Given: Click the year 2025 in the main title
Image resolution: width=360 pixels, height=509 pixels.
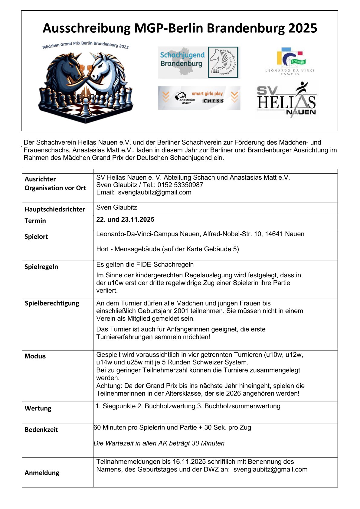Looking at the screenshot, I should [302, 28].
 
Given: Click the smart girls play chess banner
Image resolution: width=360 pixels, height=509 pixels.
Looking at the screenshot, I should [199, 98].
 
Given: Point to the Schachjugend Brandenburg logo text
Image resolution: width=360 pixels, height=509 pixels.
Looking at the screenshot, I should [182, 59].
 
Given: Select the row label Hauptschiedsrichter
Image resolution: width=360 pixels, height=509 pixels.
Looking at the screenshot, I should [55, 209].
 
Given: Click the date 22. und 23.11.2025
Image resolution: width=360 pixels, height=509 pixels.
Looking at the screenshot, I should [125, 220].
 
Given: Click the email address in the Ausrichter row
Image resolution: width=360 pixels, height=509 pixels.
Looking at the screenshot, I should [155, 192].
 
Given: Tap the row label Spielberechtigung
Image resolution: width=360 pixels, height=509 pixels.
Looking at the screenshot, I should [52, 303].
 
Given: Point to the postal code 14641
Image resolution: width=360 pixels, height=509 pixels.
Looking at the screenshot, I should [274, 234].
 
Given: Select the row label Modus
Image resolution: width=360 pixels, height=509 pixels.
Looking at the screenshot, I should [35, 356].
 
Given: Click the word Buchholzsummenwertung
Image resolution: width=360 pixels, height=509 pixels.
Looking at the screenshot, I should [242, 406].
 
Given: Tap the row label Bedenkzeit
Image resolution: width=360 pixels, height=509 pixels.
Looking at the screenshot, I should [41, 430].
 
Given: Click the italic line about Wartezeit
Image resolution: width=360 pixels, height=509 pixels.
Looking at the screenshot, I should [159, 443].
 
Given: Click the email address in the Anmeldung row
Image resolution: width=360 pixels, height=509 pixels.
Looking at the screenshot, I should [270, 469].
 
